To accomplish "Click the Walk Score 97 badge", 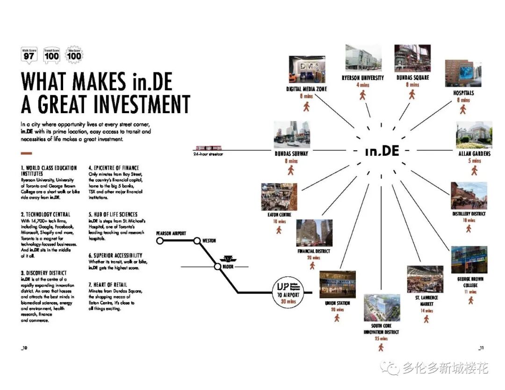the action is click(29, 55).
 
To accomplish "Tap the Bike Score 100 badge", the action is click(74, 55).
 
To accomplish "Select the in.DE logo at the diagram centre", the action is click(382, 151).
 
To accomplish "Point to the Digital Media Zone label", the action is click(307, 89).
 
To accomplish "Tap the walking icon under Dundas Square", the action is click(412, 94).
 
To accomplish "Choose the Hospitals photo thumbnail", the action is click(463, 73).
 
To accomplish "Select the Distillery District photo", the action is click(469, 195).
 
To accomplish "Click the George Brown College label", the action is click(470, 282).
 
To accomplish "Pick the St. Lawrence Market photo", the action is click(425, 279).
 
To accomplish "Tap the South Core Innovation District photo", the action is click(382, 307).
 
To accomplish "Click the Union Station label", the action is click(337, 303).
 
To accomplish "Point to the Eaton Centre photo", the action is click(279, 197).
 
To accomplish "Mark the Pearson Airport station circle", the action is click(160, 241).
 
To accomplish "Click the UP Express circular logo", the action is click(283, 291).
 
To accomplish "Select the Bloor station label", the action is click(228, 267).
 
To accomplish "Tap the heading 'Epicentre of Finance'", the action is click(114, 168).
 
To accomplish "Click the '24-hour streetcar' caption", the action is click(208, 154).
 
